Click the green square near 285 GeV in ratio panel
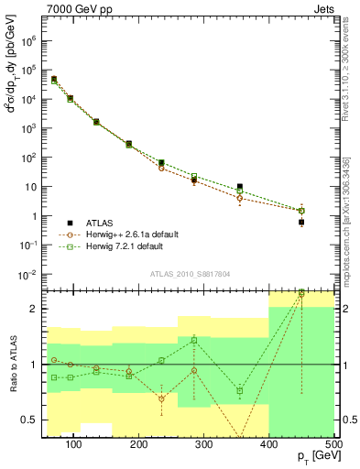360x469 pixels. [x=194, y=340]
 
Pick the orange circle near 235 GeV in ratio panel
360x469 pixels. [x=161, y=398]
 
